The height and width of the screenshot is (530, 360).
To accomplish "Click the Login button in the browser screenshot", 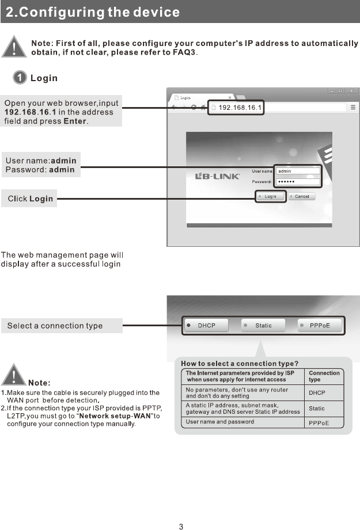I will pos(268,197).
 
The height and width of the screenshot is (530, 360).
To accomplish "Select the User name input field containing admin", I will pos(297,171).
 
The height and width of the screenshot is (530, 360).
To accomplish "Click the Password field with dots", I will pos(297,182).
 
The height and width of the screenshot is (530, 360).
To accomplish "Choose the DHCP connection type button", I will pos(206,326).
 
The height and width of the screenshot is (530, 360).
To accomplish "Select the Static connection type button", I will pos(263,326).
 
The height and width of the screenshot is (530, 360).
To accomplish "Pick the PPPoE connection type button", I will pos(320,326).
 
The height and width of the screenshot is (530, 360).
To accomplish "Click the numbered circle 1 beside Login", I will pos(20,78).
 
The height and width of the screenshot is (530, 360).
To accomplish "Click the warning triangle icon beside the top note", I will pos(16,48).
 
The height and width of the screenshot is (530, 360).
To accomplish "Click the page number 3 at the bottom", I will pos(181,527).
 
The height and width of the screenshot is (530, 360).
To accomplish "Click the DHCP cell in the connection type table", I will pos(317,393).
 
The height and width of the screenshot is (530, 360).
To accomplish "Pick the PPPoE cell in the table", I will pos(319,423).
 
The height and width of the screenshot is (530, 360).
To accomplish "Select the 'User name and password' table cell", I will pos(219,422).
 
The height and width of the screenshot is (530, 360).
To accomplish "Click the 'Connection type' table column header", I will pos(324,376).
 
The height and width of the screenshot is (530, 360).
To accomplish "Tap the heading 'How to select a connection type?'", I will pos(240,363).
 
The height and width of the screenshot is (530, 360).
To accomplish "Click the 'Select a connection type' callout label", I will pos(55,326).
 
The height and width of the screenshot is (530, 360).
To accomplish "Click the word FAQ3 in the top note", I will pos(183,53).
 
